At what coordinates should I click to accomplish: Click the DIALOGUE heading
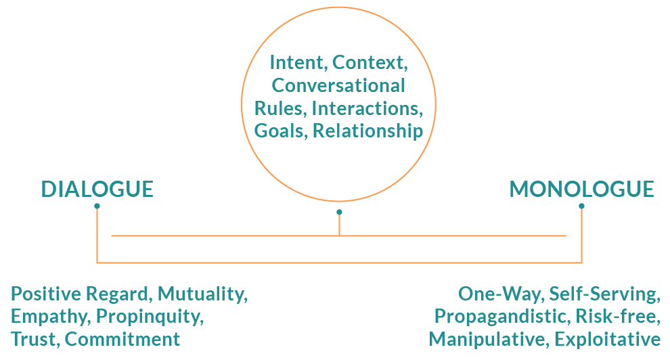pyautogui.click(x=97, y=189)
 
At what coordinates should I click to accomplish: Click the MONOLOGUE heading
pyautogui.click(x=581, y=189)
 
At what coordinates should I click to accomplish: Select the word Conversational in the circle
pyautogui.click(x=338, y=85)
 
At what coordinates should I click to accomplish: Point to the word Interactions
pyautogui.click(x=367, y=108)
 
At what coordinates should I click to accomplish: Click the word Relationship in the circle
pyautogui.click(x=368, y=131)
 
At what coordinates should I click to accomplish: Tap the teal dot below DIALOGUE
pyautogui.click(x=97, y=206)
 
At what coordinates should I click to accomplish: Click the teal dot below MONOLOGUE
pyautogui.click(x=581, y=206)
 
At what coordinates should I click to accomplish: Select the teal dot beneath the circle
pyautogui.click(x=339, y=212)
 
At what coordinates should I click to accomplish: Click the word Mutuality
pyautogui.click(x=203, y=294)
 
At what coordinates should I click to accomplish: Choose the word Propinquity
pyautogui.click(x=150, y=317)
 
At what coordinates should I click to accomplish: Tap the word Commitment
pyautogui.click(x=122, y=340)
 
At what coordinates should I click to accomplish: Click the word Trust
pyautogui.click(x=35, y=340)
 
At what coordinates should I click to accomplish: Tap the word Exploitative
pyautogui.click(x=608, y=340)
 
